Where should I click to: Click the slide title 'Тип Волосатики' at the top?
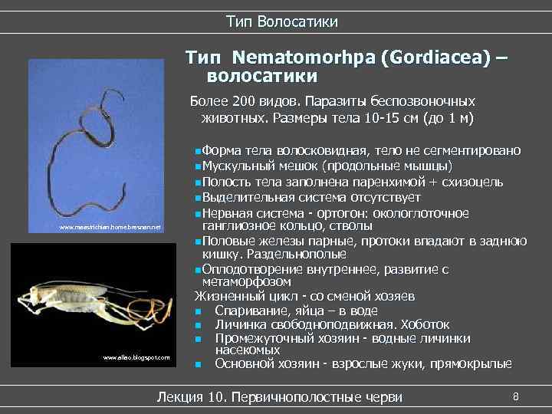point(281,21)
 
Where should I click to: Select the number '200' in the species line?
point(240,101)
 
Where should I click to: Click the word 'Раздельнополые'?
point(300,253)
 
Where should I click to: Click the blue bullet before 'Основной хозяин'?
point(198,364)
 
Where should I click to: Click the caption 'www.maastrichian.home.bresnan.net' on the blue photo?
point(110,228)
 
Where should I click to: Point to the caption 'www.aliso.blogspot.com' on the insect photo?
point(136,358)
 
